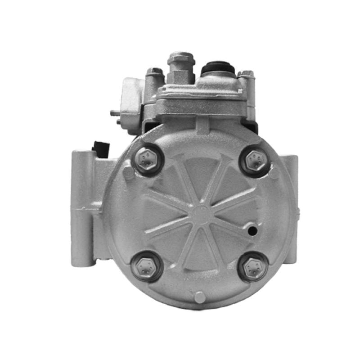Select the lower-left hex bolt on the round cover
click(146, 266)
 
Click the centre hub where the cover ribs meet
click(201, 211)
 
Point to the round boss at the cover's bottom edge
click(199, 297)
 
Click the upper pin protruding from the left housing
click(114, 112)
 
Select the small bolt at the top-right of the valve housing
click(246, 74)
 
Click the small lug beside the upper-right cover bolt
click(274, 173)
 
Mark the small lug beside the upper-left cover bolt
click(129, 171)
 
